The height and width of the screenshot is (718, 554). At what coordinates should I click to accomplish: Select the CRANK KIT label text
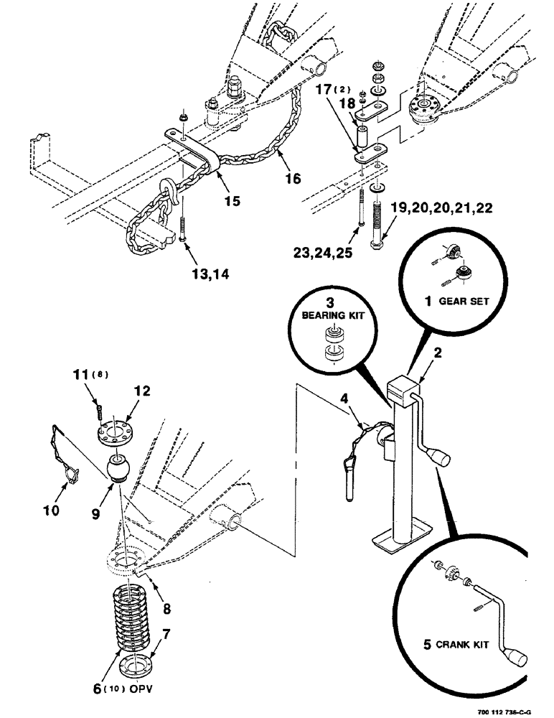(x=466, y=645)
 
